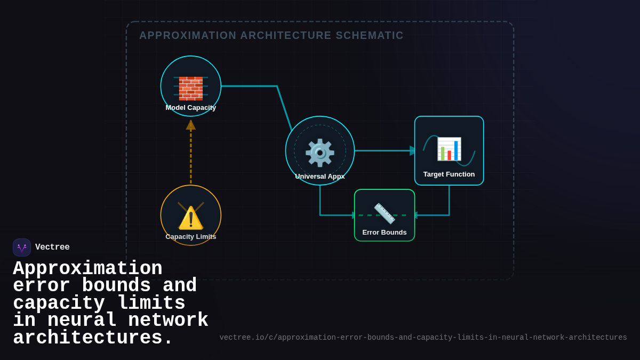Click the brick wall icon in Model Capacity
pyautogui.click(x=190, y=89)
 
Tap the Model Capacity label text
pyautogui.click(x=190, y=107)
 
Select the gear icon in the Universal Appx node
pyautogui.click(x=319, y=153)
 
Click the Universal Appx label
pyautogui.click(x=319, y=176)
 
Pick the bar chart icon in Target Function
pyautogui.click(x=449, y=149)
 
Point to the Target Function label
pyautogui.click(x=449, y=174)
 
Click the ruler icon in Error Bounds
pyautogui.click(x=384, y=213)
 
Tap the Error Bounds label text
pyautogui.click(x=384, y=232)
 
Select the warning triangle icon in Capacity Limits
pyautogui.click(x=190, y=218)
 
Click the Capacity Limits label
pyautogui.click(x=190, y=236)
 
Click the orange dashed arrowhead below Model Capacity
pyautogui.click(x=190, y=125)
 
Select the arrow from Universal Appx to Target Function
pyautogui.click(x=384, y=150)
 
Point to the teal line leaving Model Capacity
pyautogui.click(x=251, y=86)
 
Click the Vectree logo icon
pyautogui.click(x=22, y=247)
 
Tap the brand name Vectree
pyautogui.click(x=52, y=247)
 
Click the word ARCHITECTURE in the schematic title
pyautogui.click(x=285, y=35)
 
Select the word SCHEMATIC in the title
pyautogui.click(x=370, y=35)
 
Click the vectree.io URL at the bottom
pyautogui.click(x=423, y=338)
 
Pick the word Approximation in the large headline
pyautogui.click(x=87, y=268)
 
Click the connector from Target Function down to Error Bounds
pyautogui.click(x=449, y=203)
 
